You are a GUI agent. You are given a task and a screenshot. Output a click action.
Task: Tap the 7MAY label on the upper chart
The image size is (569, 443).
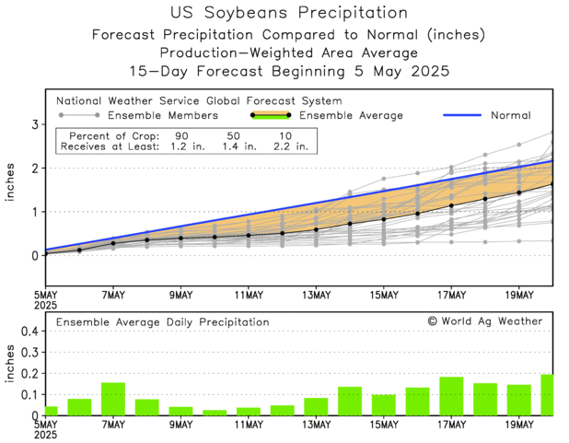point(114,295)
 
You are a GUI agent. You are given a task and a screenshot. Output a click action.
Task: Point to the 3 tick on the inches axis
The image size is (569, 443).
point(34,124)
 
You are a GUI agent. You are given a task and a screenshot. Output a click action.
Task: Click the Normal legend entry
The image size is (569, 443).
point(509,116)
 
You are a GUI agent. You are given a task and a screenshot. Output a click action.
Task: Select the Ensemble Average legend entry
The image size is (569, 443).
point(351,116)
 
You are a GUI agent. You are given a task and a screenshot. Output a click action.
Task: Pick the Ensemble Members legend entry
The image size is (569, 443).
point(163,116)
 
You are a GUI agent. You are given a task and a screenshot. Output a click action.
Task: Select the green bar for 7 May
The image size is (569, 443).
point(113,399)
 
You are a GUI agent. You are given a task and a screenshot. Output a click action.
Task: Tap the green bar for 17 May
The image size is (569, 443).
point(451,396)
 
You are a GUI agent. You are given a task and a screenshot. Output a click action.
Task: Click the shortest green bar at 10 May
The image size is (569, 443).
point(215,413)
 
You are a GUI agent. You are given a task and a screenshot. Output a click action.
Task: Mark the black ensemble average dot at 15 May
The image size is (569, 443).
point(384,219)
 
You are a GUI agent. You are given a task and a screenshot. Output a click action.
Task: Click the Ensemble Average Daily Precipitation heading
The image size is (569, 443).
point(163,322)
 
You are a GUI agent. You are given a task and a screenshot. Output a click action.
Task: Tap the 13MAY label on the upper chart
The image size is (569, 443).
point(316,295)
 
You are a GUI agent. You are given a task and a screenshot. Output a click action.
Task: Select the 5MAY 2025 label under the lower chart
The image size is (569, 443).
point(46,431)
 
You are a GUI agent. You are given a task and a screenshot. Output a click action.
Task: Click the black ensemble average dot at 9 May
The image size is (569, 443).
point(180,238)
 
